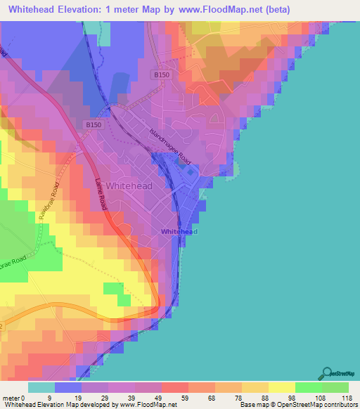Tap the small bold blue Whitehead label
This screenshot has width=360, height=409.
coord(179,231)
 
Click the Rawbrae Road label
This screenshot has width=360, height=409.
coord(49,200)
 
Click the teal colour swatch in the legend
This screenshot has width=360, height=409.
coord(41,387)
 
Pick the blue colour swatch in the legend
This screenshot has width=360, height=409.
coord(67,387)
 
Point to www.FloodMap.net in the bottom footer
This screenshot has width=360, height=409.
coord(145,405)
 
